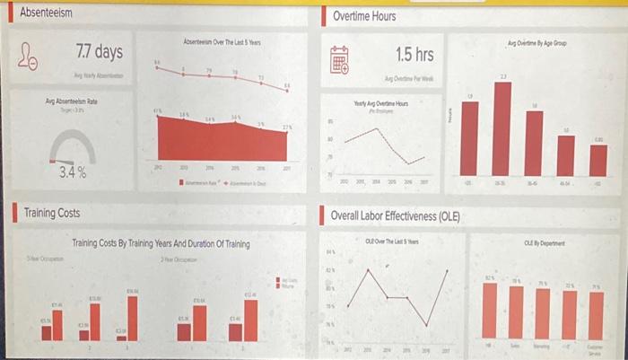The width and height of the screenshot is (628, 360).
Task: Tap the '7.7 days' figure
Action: click(100, 51)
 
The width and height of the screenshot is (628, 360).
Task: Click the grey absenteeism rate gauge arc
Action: click(71, 141)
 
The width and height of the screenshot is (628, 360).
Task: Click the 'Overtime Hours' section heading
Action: click(363, 16)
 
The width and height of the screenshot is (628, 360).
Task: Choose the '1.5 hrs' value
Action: click(414, 56)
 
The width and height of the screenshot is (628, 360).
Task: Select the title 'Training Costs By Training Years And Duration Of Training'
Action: click(161, 243)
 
